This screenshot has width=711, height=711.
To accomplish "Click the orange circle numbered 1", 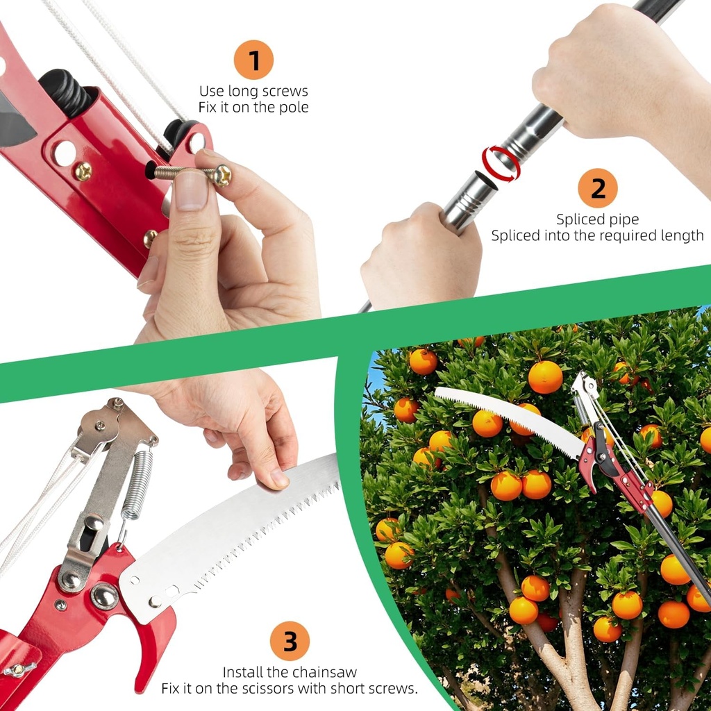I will click(253, 60).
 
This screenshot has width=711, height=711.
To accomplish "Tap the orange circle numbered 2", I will click(597, 188).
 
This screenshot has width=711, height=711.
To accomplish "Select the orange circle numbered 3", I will click(290, 640).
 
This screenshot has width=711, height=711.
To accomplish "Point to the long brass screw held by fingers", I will click(191, 173).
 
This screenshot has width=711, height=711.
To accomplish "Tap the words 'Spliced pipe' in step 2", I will click(597, 219).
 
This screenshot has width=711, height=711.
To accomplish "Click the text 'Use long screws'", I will click(253, 91).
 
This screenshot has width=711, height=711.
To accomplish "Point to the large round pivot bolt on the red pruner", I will click(105, 596).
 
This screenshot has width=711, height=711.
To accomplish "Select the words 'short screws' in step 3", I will click(375, 689).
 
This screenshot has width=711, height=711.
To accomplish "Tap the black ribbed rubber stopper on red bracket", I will click(64, 90).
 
